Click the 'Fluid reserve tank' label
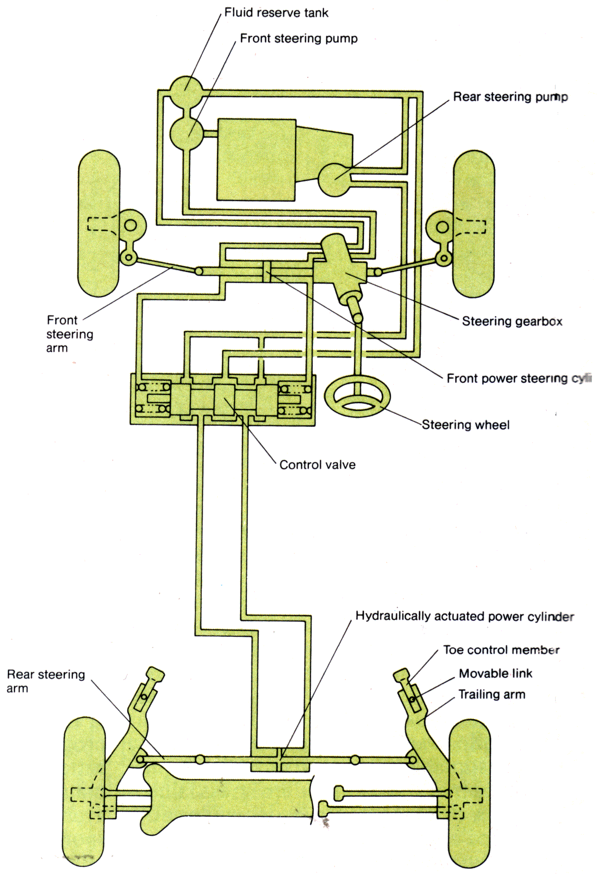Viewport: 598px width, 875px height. (276, 12)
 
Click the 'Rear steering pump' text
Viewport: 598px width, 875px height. (510, 97)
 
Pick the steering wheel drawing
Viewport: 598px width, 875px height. (357, 397)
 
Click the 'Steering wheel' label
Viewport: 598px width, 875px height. (465, 425)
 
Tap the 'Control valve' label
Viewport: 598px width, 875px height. (317, 465)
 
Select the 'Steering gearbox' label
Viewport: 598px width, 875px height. (512, 321)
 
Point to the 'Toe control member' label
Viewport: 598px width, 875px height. (501, 650)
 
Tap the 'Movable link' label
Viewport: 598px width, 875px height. (495, 673)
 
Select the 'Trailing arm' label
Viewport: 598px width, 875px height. (491, 694)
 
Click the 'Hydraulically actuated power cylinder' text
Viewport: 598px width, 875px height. (464, 617)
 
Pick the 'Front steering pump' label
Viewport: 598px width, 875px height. (299, 38)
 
